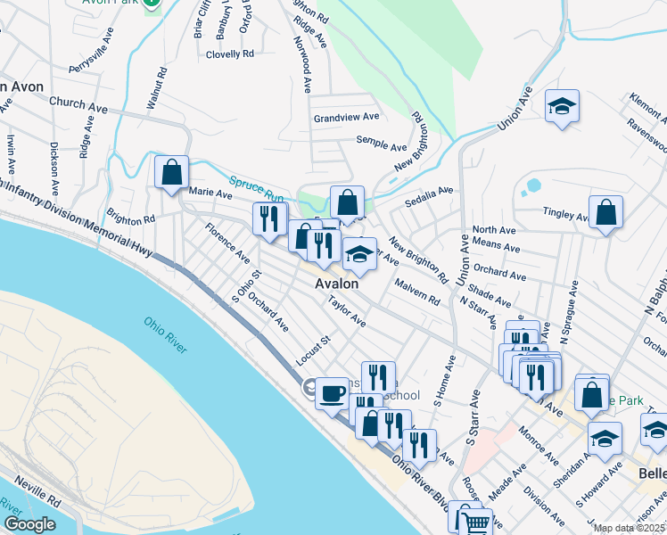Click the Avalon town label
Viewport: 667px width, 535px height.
336,283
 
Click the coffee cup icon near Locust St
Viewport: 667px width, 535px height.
333,392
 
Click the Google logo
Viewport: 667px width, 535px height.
29,524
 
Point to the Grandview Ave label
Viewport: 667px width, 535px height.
346,117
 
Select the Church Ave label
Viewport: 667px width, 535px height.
78,104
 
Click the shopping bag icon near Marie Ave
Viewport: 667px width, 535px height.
171,171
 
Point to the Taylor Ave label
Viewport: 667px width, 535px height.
346,311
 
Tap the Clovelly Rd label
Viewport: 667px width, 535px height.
230,53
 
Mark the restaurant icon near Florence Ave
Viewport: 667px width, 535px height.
269,218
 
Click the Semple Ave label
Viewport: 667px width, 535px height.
382,140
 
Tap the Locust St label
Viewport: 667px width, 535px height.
313,350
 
